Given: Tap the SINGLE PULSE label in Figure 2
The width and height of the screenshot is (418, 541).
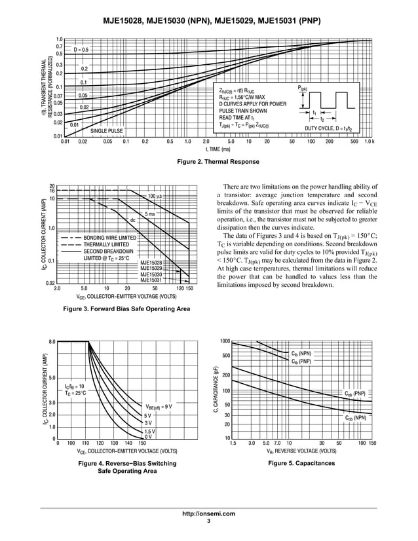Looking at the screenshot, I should pyautogui.click(x=107, y=131).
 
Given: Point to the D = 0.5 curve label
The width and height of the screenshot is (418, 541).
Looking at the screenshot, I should pyautogui.click(x=81, y=49).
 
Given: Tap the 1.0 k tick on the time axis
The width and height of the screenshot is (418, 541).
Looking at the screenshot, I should pyautogui.click(x=369, y=141).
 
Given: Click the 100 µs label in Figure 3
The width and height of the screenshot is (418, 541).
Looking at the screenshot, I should pyautogui.click(x=155, y=196).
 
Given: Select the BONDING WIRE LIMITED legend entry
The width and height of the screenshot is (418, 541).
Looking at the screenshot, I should pyautogui.click(x=109, y=238).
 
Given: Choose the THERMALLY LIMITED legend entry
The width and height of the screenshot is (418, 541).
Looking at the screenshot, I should pyautogui.click(x=107, y=244).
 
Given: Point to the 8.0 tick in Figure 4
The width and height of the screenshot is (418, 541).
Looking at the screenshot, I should pyautogui.click(x=52, y=341).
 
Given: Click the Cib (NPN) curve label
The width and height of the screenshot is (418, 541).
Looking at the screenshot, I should pyautogui.click(x=301, y=354).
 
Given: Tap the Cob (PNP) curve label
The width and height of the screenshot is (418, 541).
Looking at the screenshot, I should pyautogui.click(x=355, y=394).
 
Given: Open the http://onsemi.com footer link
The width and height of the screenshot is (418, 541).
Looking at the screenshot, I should pyautogui.click(x=208, y=513).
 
